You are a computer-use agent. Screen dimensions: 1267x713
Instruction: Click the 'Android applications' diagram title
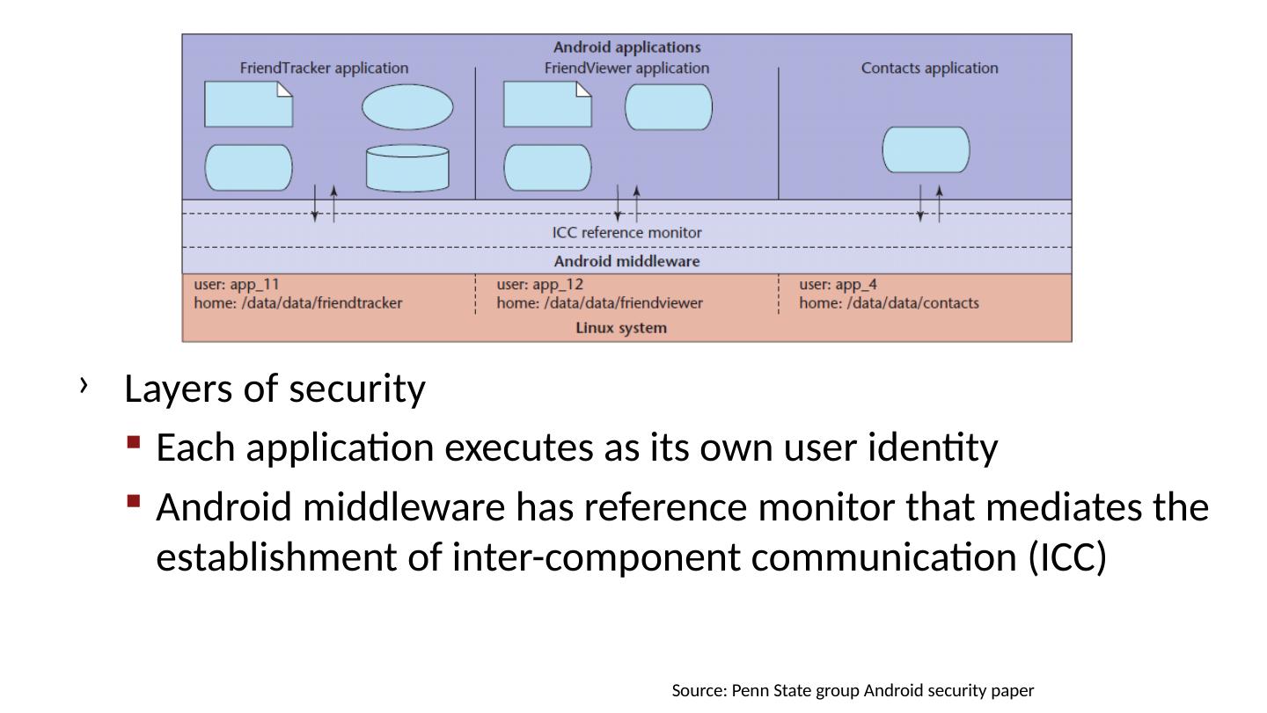(626, 47)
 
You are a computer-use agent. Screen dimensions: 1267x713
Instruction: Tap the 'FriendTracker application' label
(324, 69)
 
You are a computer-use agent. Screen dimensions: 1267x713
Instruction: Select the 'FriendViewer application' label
(626, 69)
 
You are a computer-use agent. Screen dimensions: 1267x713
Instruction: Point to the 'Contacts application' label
(929, 69)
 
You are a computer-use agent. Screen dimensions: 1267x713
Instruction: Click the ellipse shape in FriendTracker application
(407, 106)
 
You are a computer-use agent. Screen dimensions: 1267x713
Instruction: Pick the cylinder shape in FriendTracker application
(407, 168)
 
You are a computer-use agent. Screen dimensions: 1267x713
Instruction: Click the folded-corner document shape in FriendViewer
(547, 104)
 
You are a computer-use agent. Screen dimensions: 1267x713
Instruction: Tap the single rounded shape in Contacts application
(926, 149)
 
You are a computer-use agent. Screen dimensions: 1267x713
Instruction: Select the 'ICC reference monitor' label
(626, 232)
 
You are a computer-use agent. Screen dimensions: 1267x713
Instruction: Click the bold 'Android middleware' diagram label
(626, 261)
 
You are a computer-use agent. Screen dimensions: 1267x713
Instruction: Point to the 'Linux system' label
(621, 328)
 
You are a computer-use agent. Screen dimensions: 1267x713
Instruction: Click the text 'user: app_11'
(237, 284)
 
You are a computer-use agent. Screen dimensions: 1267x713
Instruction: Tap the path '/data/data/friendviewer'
(623, 302)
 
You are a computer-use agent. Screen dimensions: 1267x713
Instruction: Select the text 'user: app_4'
(838, 284)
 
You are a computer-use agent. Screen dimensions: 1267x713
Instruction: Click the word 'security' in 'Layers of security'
(357, 389)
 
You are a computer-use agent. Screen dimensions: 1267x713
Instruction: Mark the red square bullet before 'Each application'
(134, 442)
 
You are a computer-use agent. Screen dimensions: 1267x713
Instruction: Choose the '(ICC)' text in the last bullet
(1066, 557)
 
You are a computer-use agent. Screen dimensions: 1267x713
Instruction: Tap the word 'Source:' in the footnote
(699, 690)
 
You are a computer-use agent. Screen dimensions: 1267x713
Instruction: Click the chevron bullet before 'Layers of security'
(84, 385)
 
